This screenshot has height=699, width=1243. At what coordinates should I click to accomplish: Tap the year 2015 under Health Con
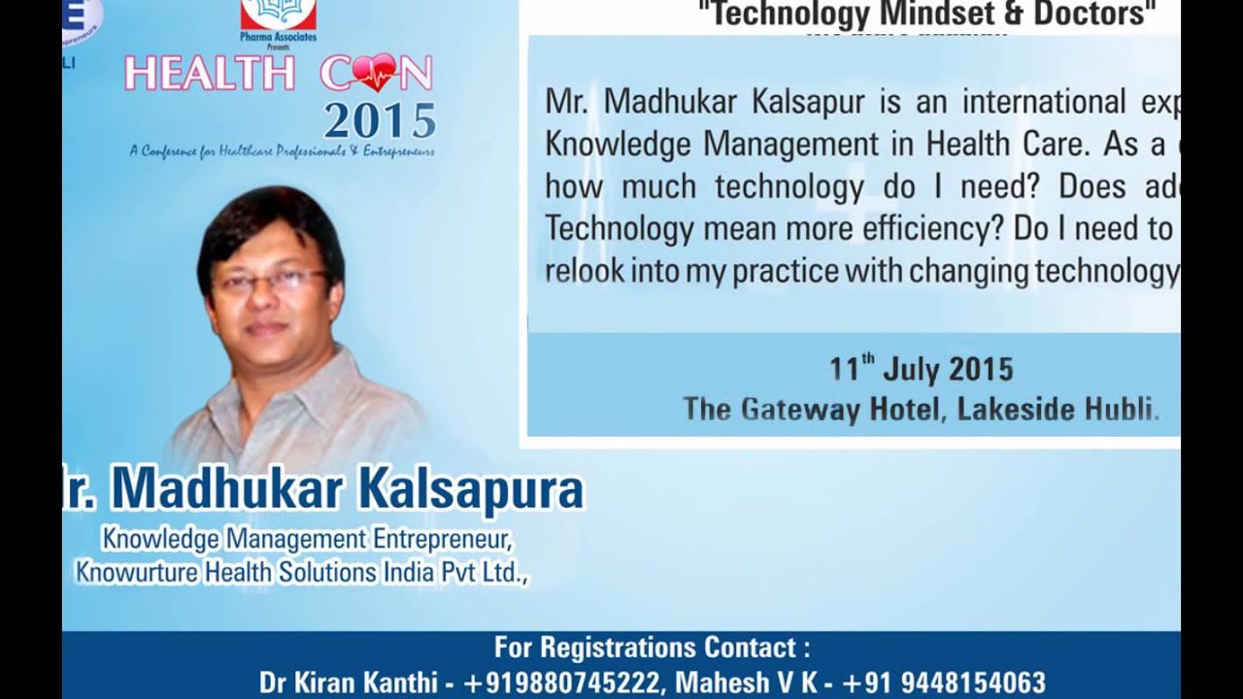[x=380, y=121]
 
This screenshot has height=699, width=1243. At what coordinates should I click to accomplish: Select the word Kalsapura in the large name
[x=471, y=489]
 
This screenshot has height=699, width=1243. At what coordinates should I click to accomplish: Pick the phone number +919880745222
[x=561, y=682]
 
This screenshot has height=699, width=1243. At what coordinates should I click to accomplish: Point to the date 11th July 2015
[x=921, y=369]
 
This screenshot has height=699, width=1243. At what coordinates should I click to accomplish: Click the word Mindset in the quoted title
[x=927, y=15]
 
